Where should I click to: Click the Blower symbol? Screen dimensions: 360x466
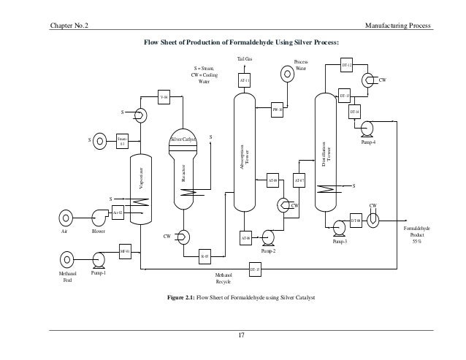pos(98,217)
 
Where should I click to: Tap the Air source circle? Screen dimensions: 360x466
pos(66,217)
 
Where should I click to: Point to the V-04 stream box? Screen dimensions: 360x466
pos(164,97)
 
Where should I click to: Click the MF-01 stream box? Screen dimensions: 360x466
pos(124,252)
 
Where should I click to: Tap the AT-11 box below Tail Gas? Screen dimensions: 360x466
pos(245,80)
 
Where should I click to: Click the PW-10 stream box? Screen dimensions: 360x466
pos(277,109)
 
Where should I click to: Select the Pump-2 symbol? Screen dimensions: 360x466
pos(267,236)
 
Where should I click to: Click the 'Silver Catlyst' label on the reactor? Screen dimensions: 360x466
pos(184,138)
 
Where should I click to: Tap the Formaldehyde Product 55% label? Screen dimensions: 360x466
pos(417,234)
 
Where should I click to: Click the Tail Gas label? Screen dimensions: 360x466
pos(245,58)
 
